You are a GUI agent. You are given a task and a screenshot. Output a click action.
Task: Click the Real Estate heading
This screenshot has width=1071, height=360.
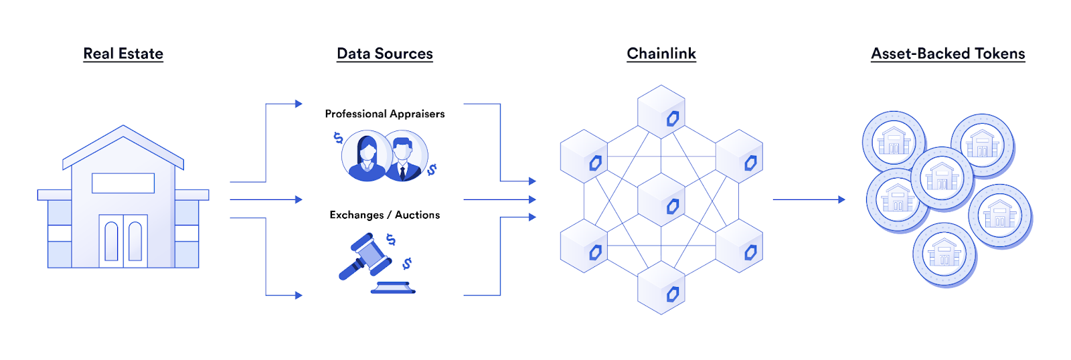click(123, 54)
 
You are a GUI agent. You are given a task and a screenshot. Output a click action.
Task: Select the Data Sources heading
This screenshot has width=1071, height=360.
click(385, 54)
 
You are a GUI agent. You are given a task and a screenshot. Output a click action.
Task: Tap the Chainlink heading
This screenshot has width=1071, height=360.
click(661, 54)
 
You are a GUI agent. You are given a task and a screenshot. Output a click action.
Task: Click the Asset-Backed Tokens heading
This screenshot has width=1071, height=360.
click(948, 54)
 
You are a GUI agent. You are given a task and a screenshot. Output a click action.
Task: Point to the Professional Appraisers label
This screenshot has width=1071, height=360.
click(385, 114)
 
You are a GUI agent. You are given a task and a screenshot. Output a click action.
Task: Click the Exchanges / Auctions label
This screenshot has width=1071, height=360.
click(385, 215)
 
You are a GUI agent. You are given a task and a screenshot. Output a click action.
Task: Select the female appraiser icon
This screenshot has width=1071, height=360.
click(366, 157)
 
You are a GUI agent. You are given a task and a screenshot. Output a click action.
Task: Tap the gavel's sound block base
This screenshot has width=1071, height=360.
click(394, 288)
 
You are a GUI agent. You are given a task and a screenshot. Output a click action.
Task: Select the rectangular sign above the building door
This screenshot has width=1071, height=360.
click(123, 183)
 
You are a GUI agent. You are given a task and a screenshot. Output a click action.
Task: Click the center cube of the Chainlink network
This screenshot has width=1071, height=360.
click(661, 199)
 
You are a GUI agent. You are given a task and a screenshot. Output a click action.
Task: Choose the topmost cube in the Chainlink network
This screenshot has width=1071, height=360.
click(661, 111)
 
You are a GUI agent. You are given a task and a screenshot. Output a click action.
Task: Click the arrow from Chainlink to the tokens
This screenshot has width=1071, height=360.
click(809, 199)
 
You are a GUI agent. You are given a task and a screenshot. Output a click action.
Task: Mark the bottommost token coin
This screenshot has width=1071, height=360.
click(944, 254)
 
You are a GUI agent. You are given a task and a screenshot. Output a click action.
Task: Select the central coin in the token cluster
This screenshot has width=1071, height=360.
click(942, 178)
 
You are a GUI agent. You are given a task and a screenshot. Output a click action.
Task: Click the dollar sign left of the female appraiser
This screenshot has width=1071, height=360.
click(338, 138)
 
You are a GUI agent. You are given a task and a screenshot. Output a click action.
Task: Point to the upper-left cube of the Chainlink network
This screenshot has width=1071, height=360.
click(584, 156)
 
